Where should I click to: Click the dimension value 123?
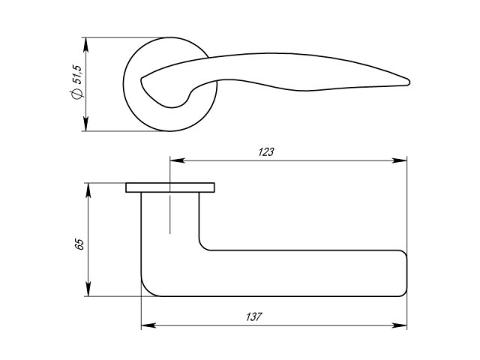(266, 152)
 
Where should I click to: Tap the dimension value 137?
(253, 316)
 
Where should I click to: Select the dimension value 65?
(79, 244)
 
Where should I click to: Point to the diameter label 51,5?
(76, 74)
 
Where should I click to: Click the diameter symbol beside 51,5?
(76, 94)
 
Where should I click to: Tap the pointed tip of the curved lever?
(409, 82)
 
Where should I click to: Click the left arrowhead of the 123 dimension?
(177, 160)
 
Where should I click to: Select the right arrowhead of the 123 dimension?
(400, 160)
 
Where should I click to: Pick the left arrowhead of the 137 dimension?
(148, 325)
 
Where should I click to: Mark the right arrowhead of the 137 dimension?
(400, 325)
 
